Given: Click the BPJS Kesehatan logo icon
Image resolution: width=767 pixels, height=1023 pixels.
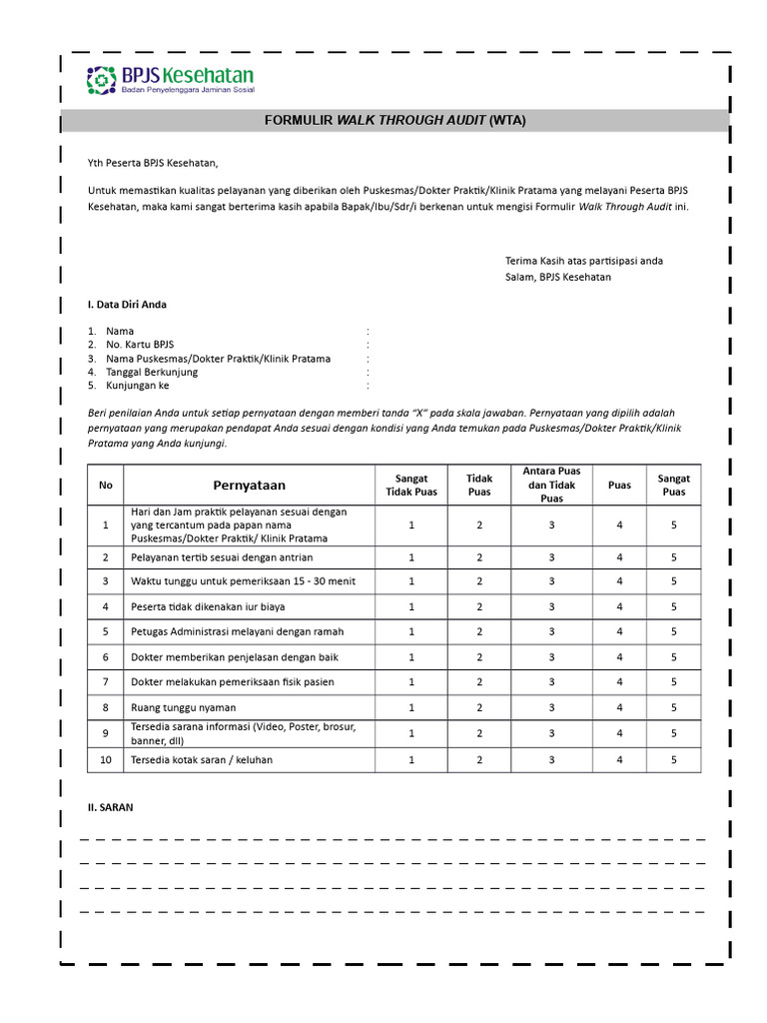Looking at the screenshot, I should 102,80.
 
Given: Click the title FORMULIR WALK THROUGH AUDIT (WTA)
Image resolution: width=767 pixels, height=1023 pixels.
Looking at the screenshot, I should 394,121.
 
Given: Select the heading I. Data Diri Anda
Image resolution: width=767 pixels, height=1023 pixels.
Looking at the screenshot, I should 127,304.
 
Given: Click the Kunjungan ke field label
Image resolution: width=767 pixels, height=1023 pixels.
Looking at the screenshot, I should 138,385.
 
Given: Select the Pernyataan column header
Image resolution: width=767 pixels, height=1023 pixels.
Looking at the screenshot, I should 249,486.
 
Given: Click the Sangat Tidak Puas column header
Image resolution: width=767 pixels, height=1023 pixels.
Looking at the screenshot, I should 411,486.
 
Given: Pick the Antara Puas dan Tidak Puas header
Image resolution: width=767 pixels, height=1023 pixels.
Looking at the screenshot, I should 551,485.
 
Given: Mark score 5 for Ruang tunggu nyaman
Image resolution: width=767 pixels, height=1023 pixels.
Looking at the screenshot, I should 673,707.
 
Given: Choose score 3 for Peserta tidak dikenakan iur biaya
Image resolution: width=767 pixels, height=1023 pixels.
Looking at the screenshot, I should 551,606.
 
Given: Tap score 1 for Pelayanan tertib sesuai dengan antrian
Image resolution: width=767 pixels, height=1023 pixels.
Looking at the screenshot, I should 411,557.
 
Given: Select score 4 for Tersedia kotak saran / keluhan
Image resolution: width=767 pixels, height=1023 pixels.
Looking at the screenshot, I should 619,759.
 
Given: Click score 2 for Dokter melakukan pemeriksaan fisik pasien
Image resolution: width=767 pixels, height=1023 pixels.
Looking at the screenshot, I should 479,682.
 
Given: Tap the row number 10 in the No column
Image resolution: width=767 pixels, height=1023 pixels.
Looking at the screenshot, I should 105,759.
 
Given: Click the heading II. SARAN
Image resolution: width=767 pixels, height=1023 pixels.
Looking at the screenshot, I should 110,807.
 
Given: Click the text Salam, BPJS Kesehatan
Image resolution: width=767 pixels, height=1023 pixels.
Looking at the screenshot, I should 557,277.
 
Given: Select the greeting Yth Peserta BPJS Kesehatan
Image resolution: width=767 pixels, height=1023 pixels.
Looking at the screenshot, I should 152,163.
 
